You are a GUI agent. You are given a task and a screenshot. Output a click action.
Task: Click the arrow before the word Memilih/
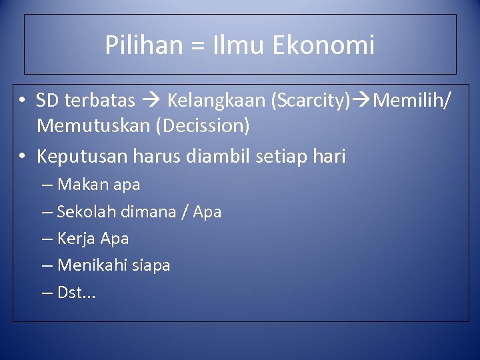coord(362,101)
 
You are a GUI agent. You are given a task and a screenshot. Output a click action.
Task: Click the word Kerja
coord(76,238)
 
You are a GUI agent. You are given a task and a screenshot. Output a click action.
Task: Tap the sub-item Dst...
coord(76,292)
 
